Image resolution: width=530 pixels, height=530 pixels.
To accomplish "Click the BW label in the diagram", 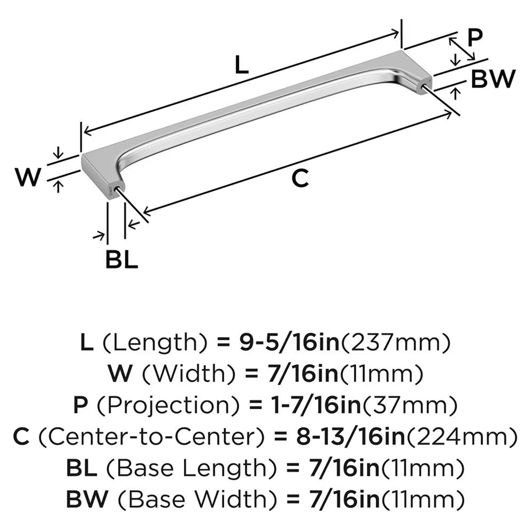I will [x=493, y=79].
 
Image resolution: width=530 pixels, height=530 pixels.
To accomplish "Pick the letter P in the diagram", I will [x=475, y=38].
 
